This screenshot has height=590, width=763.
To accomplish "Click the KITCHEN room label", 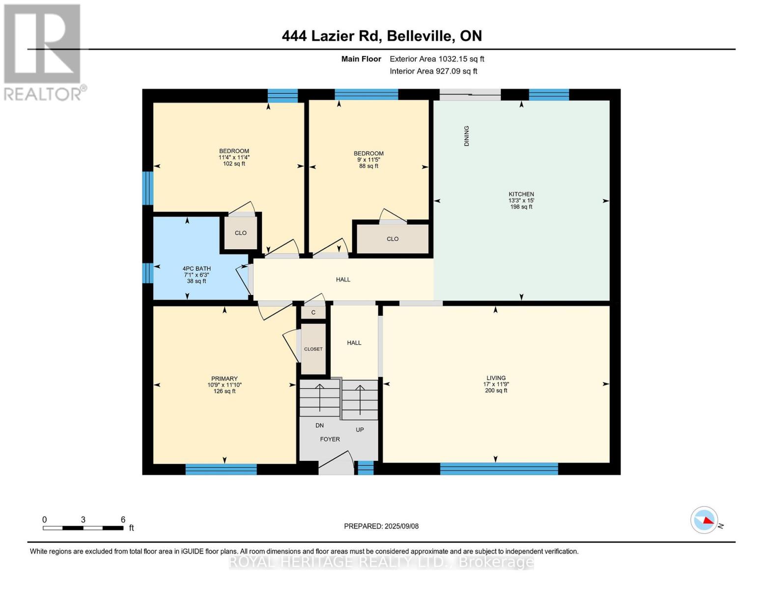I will (521, 194).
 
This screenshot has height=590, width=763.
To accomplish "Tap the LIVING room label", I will (496, 378).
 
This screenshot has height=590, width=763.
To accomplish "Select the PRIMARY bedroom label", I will (225, 379).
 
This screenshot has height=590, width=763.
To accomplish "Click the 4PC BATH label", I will (197, 269).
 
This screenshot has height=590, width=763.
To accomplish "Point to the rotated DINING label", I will (467, 136).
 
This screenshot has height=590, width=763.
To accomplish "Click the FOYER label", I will (330, 439).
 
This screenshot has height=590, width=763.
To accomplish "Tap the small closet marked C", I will (313, 313).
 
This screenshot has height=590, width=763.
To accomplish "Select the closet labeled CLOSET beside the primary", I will (313, 349).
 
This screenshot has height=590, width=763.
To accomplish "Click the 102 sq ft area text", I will (234, 164).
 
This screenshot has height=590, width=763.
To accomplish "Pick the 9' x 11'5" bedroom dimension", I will (368, 160).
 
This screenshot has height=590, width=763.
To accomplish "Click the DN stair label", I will (319, 425).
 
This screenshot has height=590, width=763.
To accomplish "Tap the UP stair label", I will (360, 430).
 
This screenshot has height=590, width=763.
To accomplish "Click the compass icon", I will (704, 520).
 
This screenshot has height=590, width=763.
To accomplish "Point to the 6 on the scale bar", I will (123, 520).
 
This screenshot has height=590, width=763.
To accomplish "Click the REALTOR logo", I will (43, 52).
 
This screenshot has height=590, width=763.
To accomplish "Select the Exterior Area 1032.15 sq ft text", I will (437, 59).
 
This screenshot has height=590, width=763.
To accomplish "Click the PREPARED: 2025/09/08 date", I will (381, 526).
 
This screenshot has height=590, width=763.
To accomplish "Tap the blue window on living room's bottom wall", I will (499, 469).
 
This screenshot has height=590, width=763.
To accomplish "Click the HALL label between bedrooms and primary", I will (343, 279).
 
